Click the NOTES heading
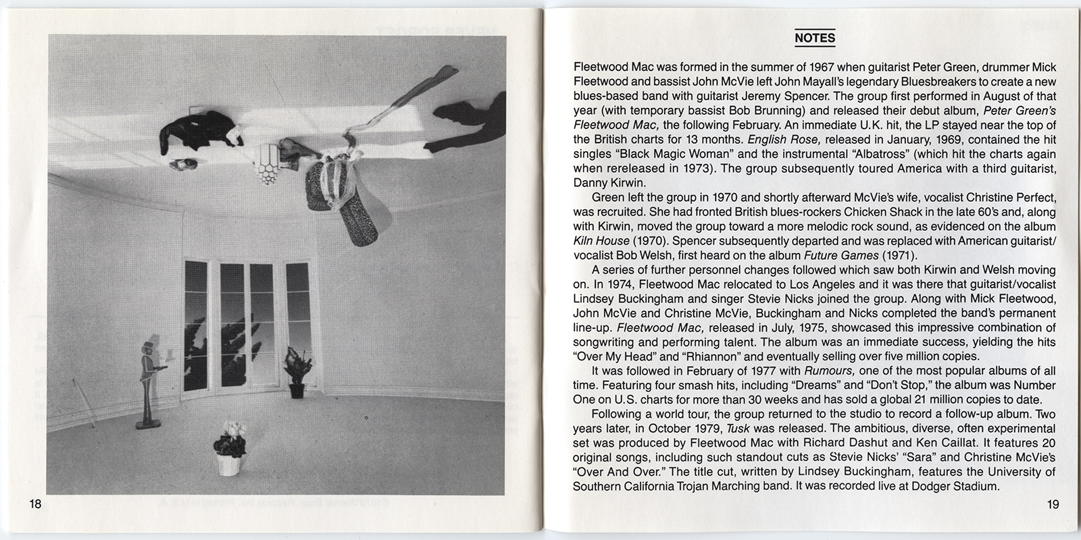pos(815,38)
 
